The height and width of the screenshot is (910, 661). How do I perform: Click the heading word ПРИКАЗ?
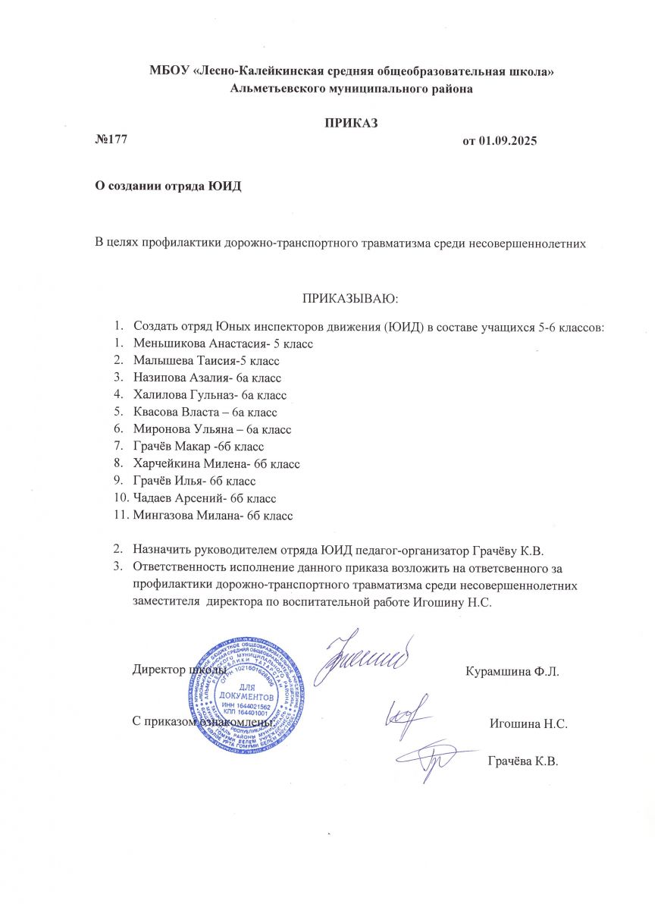click(351, 123)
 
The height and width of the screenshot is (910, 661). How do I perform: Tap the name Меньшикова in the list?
click(170, 343)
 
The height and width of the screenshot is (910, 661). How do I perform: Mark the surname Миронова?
click(161, 429)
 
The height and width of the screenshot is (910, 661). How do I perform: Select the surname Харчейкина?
click(168, 464)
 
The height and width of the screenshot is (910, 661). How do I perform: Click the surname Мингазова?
click(162, 516)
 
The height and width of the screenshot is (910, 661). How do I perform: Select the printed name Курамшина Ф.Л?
click(512, 673)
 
